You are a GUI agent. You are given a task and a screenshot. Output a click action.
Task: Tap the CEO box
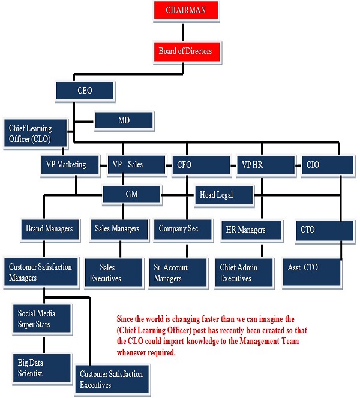click(x=85, y=91)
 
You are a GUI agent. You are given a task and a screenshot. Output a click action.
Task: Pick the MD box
click(x=124, y=121)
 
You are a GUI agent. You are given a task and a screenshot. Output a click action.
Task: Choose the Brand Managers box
click(x=49, y=228)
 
